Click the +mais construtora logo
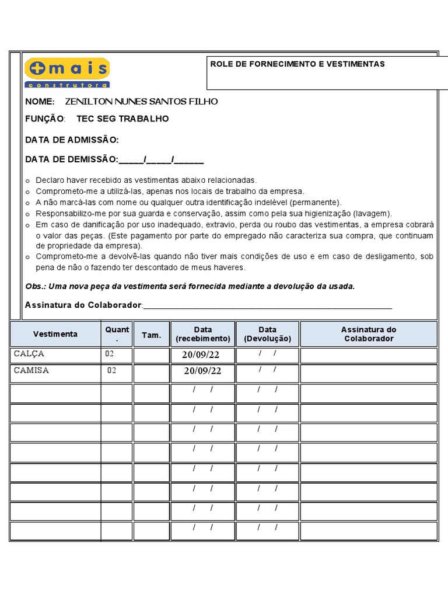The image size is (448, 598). [67, 72]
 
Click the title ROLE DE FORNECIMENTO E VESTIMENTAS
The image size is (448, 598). [297, 64]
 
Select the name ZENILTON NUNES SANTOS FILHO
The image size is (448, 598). [141, 102]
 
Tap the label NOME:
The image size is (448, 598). [40, 102]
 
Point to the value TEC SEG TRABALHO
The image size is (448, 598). [123, 119]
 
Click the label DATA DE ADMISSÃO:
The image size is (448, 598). [72, 140]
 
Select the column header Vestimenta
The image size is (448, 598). [55, 334]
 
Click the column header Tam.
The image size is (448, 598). [151, 335]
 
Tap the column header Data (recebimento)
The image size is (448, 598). [203, 334]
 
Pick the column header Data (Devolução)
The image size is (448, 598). [267, 334]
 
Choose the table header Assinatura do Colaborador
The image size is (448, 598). [368, 334]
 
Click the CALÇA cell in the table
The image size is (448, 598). [29, 354]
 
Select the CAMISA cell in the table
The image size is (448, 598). [32, 370]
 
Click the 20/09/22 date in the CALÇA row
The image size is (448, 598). [201, 355]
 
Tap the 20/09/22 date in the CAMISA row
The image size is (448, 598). [202, 371]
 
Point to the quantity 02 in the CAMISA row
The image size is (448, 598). [111, 370]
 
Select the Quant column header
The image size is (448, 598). [117, 333]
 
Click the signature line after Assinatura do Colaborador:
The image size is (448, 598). [268, 306]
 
